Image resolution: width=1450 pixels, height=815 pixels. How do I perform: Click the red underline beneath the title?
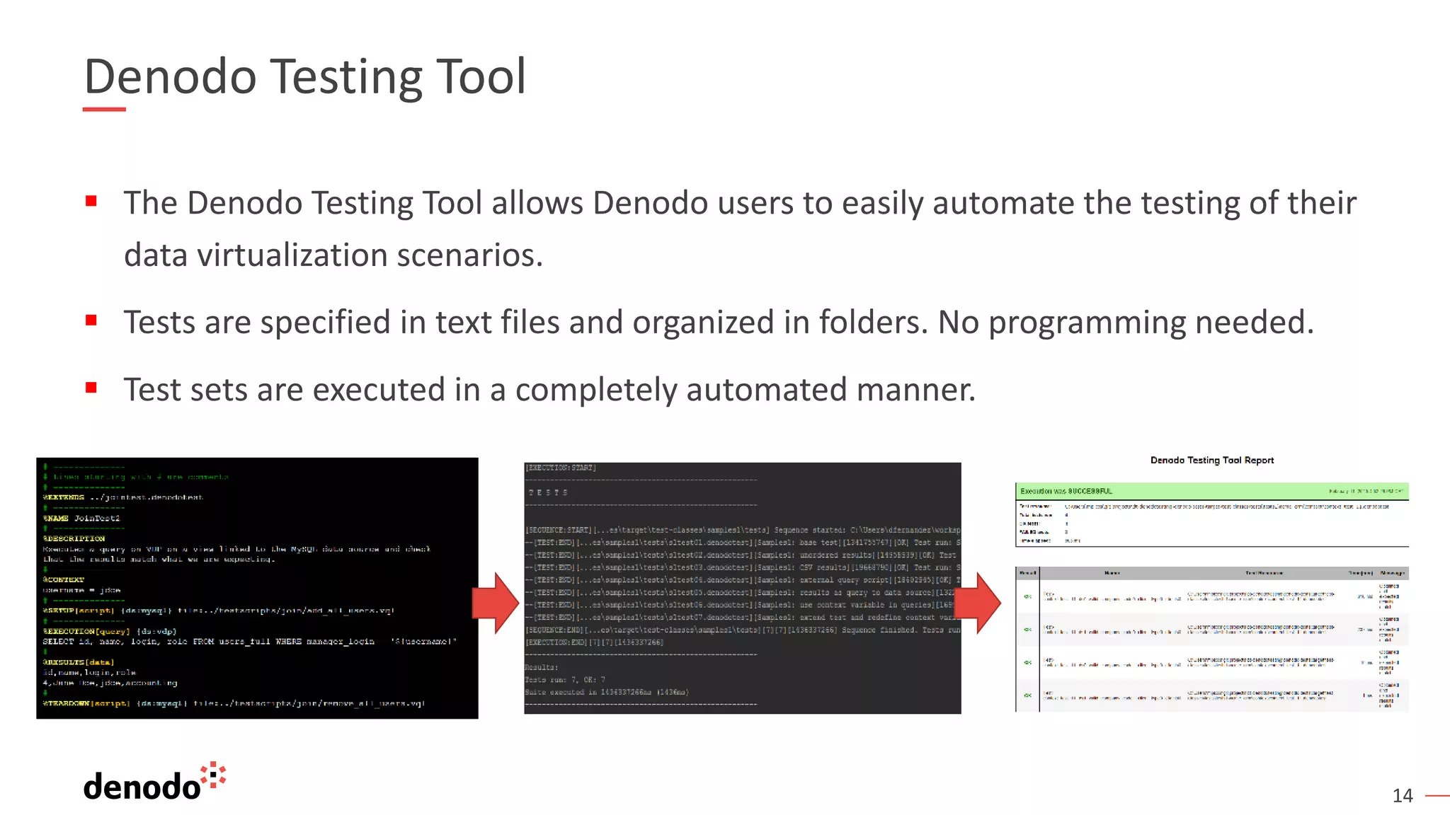click(104, 109)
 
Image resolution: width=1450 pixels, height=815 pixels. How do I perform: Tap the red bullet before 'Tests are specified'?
click(91, 320)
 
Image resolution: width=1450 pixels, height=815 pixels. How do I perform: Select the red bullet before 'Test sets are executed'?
click(91, 388)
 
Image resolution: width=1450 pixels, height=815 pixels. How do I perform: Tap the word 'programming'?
click(1087, 323)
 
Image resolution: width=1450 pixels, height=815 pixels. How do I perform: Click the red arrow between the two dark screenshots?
click(496, 603)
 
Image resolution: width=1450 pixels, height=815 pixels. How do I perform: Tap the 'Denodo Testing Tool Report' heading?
click(1211, 461)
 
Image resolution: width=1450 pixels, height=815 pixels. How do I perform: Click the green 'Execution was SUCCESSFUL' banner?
click(1211, 491)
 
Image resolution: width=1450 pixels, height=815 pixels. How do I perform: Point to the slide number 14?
click(1402, 796)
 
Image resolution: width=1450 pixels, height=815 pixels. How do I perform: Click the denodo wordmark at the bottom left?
click(142, 787)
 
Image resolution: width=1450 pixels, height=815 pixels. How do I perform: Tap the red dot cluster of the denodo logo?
click(214, 775)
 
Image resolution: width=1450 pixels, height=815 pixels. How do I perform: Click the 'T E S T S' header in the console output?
click(548, 492)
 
